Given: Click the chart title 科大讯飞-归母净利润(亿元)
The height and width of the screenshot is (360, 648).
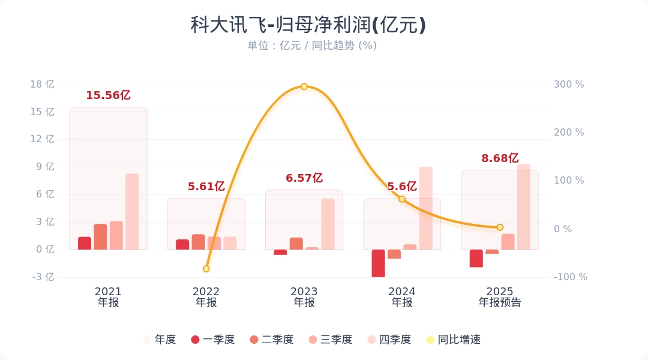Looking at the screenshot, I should [308, 25].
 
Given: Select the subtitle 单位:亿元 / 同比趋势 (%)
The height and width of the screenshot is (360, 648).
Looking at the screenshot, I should [312, 46].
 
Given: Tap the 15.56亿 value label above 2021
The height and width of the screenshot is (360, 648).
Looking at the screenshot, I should [108, 95].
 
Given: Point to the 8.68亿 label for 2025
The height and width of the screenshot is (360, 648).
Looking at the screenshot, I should [500, 158].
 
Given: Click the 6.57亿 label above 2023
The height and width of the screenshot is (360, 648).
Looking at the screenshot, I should [304, 178].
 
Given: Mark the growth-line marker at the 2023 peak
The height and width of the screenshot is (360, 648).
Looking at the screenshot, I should [304, 86].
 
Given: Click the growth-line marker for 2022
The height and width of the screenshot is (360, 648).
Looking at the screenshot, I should [206, 269].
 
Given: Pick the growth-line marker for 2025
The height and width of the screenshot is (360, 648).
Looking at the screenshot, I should [500, 227].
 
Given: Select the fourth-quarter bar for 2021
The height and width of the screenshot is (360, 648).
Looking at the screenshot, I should [132, 212].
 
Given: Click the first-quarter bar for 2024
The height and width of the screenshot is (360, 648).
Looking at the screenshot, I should [378, 263].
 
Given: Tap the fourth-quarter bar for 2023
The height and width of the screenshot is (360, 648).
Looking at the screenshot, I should [328, 224].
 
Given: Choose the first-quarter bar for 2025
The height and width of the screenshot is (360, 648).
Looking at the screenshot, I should [476, 258].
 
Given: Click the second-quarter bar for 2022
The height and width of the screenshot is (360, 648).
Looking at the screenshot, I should [199, 242].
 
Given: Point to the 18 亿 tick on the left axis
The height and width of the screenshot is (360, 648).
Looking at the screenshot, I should [43, 85].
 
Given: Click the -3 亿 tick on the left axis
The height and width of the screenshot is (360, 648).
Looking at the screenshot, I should [43, 277].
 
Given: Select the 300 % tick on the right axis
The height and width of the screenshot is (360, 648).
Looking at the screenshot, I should [569, 85].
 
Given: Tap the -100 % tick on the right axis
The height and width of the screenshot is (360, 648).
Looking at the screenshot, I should [570, 277].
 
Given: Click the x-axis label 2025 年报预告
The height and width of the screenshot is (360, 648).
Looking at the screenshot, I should [500, 297].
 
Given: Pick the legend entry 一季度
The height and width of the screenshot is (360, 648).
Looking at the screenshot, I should [213, 340].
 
